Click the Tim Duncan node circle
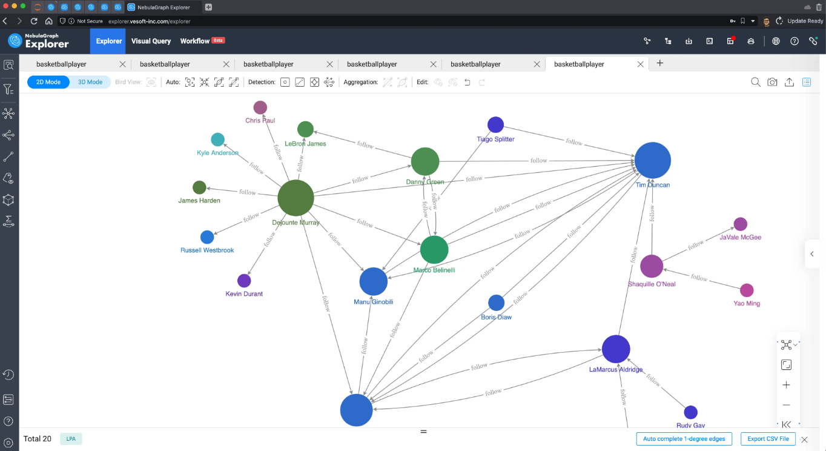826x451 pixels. point(652,160)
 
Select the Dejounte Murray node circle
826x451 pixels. point(296,198)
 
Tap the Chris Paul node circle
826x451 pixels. point(260,108)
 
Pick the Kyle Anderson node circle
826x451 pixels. point(217,140)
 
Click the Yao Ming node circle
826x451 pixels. point(747,290)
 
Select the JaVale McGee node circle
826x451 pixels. point(740,224)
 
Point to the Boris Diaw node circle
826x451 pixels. point(496,302)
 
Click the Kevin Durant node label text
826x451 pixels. point(244,294)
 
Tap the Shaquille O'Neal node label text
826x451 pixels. point(652,284)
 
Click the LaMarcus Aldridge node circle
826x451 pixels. point(616,349)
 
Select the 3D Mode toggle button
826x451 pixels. point(90,82)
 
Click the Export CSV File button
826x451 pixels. point(768,439)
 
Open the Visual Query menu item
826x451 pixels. point(151,41)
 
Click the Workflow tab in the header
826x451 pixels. point(195,41)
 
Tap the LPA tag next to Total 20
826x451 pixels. point(71,439)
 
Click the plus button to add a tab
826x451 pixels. point(660,64)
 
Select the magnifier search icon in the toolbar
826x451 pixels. point(755,82)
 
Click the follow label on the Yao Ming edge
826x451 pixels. point(699,278)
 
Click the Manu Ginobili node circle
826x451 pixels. point(373,281)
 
